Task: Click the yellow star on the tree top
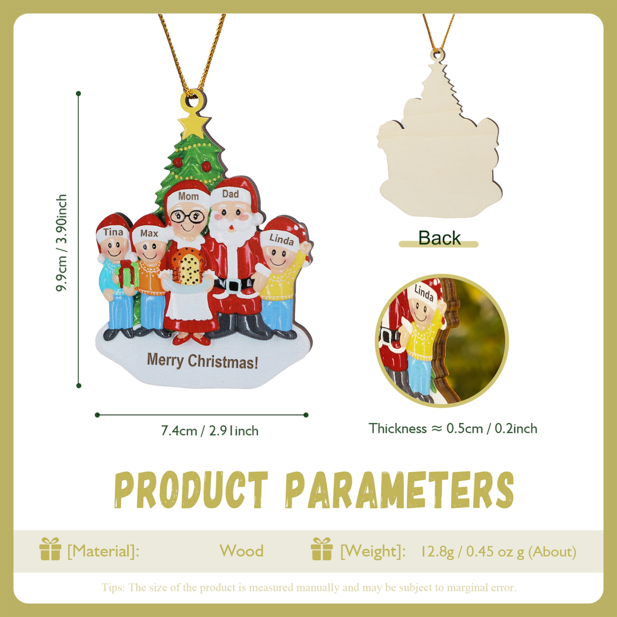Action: click(x=194, y=124)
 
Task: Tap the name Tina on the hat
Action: click(x=113, y=232)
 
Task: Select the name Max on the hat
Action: click(x=149, y=234)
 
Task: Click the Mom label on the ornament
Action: click(x=188, y=196)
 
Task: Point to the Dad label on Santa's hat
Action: click(x=231, y=194)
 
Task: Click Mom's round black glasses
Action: click(x=187, y=217)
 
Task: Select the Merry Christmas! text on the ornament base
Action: click(x=202, y=361)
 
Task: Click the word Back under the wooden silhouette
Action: click(x=439, y=238)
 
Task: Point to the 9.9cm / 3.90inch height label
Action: click(x=62, y=243)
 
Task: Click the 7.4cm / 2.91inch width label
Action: click(x=210, y=431)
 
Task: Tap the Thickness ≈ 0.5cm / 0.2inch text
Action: click(x=453, y=429)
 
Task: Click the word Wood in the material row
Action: click(x=241, y=551)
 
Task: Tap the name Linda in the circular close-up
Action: click(x=424, y=293)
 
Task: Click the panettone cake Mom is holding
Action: click(x=187, y=268)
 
